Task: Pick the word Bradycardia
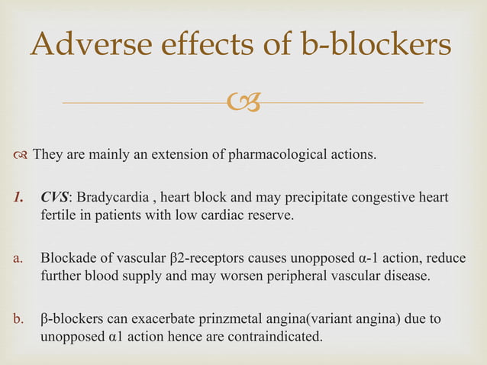tap(111, 199)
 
